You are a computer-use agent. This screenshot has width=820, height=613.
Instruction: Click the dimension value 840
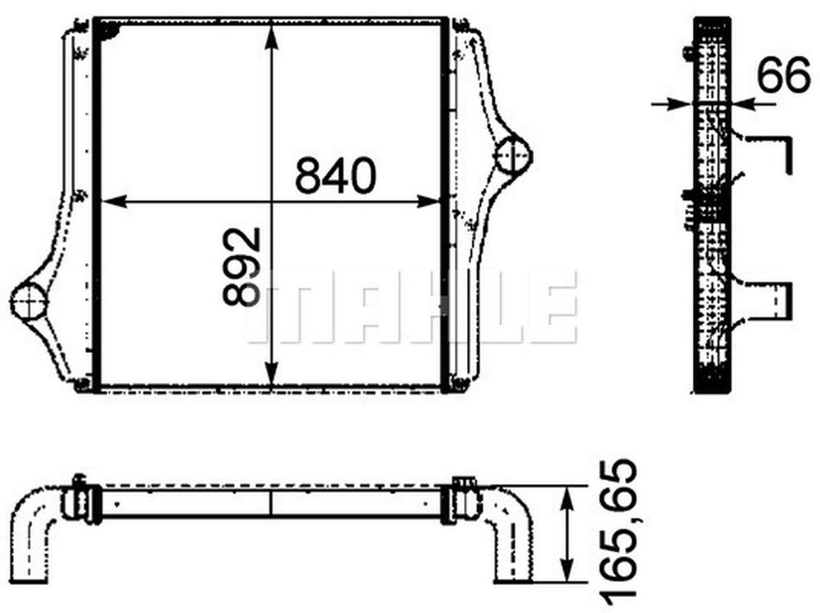point(335,176)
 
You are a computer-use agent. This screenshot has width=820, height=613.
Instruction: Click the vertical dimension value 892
point(242,266)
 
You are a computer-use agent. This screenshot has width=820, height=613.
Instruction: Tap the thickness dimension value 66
point(783,75)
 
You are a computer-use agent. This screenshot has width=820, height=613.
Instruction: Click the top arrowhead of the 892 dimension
point(272,37)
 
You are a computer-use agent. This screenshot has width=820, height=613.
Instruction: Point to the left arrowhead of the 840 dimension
point(114,201)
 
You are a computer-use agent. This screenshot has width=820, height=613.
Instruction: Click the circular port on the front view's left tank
point(29,300)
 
